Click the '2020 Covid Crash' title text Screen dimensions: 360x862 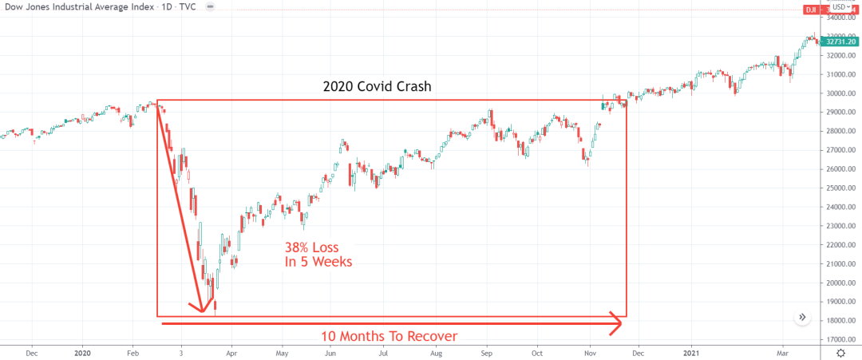(377, 86)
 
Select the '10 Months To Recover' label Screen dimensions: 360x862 (389, 336)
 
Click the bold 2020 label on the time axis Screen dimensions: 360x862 (82, 351)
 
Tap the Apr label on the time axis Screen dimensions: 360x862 (231, 351)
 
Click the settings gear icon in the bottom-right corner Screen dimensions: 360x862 (840, 351)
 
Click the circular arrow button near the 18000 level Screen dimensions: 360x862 (802, 318)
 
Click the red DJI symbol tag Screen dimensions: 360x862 (809, 10)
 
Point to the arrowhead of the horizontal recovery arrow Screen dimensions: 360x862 (616, 323)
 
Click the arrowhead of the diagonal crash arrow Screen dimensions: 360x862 (199, 308)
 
